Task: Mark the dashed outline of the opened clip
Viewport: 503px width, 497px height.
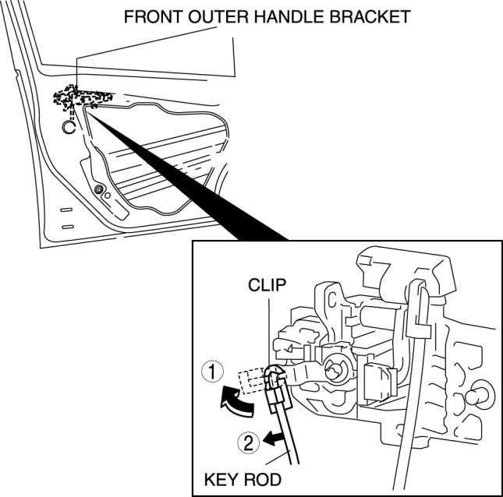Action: coord(253,381)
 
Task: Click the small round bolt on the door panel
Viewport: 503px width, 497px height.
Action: coord(100,189)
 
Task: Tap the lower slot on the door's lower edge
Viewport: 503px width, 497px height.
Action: coord(68,227)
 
